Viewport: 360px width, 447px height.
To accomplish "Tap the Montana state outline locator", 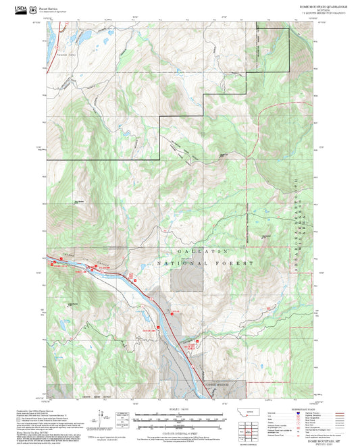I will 251,413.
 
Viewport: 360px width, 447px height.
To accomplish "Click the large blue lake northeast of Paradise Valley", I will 86,33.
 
